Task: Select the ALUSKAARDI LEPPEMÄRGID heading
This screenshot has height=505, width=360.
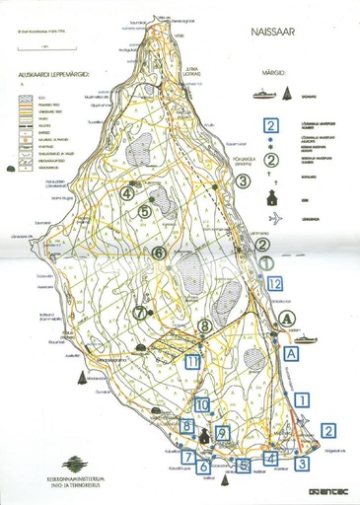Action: pos(46,74)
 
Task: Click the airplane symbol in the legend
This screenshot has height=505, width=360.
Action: pos(270,219)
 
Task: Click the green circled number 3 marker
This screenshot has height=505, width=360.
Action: pos(243,180)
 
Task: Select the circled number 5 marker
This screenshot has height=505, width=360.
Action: pos(144,211)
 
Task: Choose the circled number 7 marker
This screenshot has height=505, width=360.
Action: pos(139,312)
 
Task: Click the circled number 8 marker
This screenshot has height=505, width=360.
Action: pos(204,325)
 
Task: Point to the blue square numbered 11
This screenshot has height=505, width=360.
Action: pos(191,362)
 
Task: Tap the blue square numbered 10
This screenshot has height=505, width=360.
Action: pos(201,403)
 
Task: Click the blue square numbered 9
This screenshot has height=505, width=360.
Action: pos(224,433)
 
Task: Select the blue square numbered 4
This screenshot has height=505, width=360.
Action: pos(270,458)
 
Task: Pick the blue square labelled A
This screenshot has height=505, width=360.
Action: pos(290,351)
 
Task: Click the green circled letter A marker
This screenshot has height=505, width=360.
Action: pos(286,318)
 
